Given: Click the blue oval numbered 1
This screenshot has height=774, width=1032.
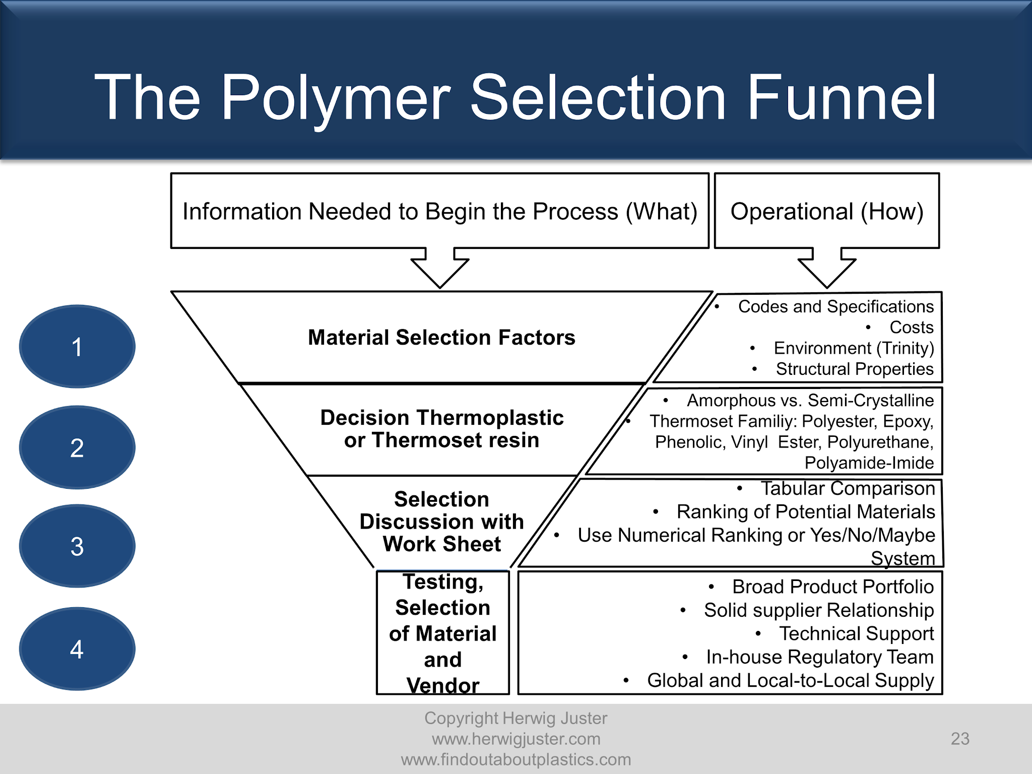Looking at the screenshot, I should click(x=77, y=347).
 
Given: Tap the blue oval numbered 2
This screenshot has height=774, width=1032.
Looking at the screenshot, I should click(x=77, y=447).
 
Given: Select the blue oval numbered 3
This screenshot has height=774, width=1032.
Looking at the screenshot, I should click(x=77, y=546).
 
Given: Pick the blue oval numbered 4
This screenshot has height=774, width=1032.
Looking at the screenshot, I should click(x=77, y=649).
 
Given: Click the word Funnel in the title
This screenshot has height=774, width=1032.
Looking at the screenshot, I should click(x=842, y=98).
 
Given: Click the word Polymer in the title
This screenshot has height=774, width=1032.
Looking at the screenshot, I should click(x=335, y=98).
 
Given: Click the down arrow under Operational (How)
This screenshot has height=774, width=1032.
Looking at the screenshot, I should click(x=827, y=270).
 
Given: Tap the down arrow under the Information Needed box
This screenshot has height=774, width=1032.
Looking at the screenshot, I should click(x=440, y=270).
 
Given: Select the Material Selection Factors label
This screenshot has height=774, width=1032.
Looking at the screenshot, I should click(x=441, y=338).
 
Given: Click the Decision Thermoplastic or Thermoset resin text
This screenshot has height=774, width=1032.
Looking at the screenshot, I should click(x=441, y=429).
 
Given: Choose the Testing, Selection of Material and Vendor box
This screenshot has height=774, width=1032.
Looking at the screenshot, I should click(x=442, y=633).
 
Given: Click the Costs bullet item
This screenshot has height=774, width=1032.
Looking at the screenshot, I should click(x=911, y=328).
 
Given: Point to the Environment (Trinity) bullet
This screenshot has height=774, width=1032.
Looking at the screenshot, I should click(x=854, y=348).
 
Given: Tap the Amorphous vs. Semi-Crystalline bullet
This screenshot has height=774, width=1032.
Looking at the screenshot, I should click(x=810, y=401).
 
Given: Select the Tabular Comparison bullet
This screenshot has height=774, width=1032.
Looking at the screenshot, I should click(x=848, y=489).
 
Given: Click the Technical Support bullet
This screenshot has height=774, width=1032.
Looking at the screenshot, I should click(x=856, y=634).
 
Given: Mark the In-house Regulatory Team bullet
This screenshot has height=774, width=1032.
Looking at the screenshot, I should click(x=819, y=657).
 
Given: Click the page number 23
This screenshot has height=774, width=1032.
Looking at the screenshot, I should click(x=960, y=739).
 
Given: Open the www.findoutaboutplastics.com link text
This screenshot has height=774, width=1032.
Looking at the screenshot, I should click(x=516, y=759).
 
